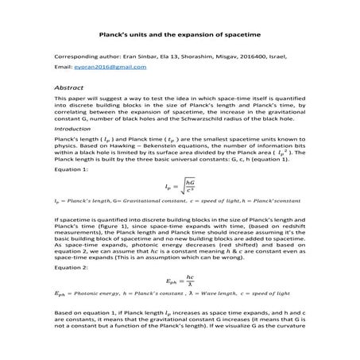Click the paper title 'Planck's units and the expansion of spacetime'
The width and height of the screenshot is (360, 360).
click(x=179, y=34)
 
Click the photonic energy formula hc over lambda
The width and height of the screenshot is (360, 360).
click(x=181, y=281)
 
